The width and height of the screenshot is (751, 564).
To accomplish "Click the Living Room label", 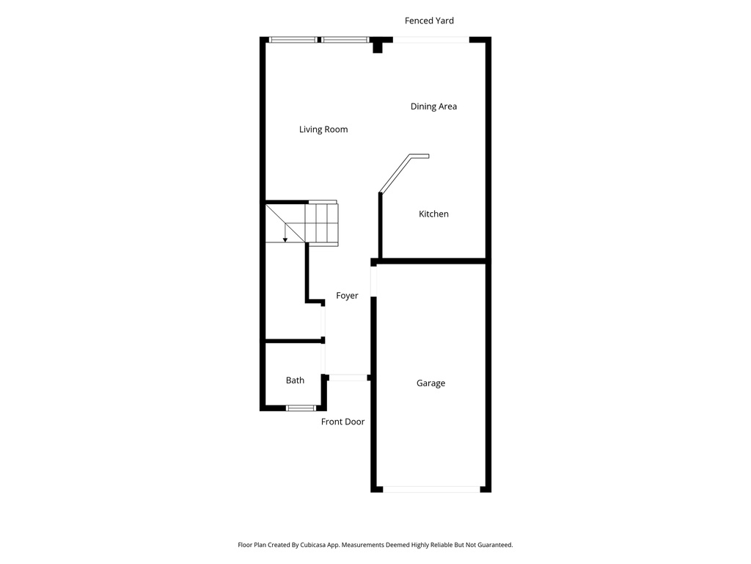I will pos(323,130).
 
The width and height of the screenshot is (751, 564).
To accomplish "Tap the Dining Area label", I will pos(433,106).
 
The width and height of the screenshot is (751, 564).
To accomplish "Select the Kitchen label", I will pos(433,214).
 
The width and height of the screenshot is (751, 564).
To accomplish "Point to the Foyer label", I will pos(347,296).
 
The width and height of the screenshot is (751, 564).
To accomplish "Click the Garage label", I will pos(431,383).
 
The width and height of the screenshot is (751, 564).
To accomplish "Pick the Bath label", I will pos(295,380).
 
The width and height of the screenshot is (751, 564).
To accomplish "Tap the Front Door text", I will pos(342,422).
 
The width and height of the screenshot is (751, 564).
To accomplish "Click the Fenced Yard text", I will pos(429,21).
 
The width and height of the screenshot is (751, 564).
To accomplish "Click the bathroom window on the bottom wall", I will pos(301,408).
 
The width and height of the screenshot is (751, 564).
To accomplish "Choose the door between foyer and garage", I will pos(374,281).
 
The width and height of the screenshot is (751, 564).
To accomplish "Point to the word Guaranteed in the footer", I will pos(491,545).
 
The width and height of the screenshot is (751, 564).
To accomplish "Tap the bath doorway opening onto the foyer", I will pos(324,359).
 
